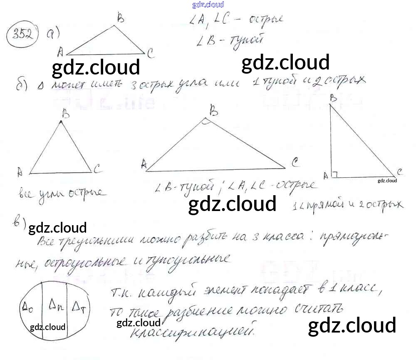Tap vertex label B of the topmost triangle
[121, 18]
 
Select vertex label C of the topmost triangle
[151, 53]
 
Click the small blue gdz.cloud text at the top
[208, 5]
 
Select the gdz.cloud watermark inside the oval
[48, 327]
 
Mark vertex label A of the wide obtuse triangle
[144, 164]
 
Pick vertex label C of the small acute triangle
[97, 169]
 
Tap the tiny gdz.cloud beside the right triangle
[387, 181]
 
